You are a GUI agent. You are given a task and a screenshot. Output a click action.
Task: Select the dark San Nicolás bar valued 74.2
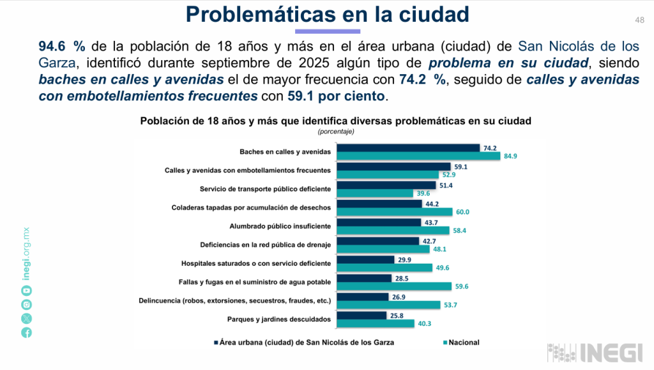408,148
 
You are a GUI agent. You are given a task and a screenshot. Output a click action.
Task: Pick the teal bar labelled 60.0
395,212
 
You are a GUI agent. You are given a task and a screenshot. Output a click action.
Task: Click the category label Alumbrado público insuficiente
280,226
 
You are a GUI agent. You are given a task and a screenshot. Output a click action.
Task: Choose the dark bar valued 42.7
377,241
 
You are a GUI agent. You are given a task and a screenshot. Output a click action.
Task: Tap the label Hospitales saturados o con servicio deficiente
255,263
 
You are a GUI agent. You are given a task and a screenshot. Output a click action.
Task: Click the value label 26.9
398,297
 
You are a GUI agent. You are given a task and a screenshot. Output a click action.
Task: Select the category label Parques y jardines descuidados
278,319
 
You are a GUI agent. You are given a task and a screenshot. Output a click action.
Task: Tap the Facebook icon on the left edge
26,332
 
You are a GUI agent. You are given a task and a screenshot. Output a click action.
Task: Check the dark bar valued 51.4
386,185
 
